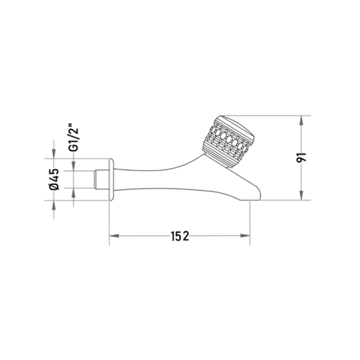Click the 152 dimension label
(180, 236)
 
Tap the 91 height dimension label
(301, 157)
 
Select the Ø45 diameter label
(54, 179)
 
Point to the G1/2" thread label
(74, 138)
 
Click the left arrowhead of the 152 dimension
(114, 236)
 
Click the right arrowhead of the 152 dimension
(245, 236)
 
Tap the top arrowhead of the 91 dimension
(302, 120)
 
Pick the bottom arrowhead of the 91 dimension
(302, 195)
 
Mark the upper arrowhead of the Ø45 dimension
(54, 153)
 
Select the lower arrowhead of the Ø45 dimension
(54, 205)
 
